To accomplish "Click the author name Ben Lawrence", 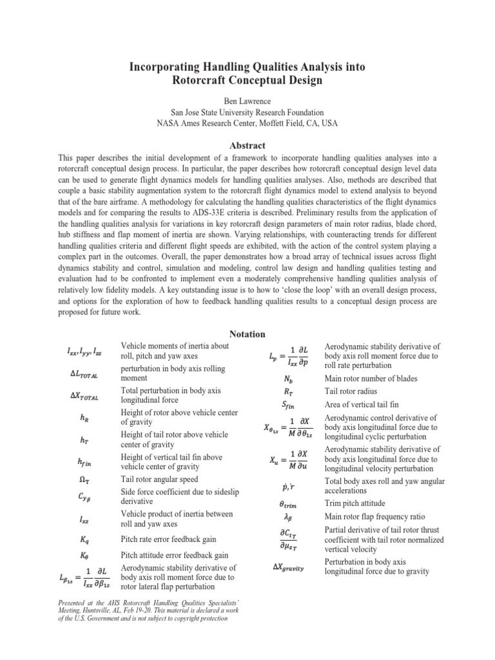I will tap(247, 101).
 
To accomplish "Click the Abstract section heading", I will tap(247, 146).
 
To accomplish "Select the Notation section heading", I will tap(247, 333).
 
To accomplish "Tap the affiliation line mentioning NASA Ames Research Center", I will tap(247, 123).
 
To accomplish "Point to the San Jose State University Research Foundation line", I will tap(247, 112).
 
